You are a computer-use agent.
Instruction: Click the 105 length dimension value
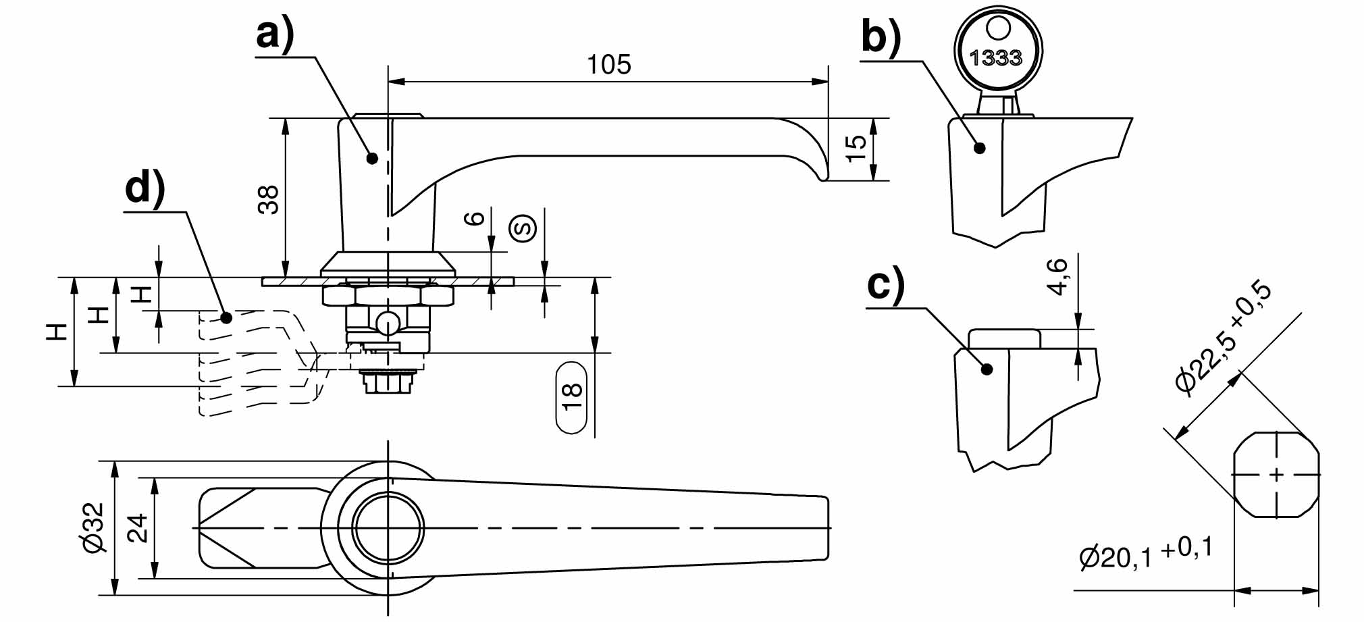point(608,65)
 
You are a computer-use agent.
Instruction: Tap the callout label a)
point(275,34)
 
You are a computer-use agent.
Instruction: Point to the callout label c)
point(886,285)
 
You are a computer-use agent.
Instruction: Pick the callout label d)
point(145,187)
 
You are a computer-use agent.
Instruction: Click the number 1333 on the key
point(996,58)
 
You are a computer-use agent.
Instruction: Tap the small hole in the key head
point(997,29)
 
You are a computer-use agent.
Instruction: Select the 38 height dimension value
point(269,200)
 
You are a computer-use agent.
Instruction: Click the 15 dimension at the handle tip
point(856,148)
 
